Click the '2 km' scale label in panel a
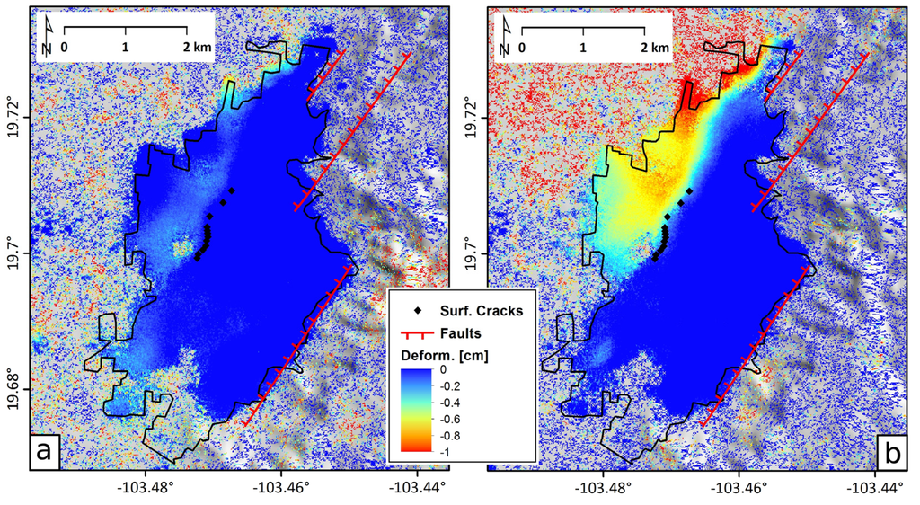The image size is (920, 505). (x=197, y=46)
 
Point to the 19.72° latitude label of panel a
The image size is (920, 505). (x=15, y=118)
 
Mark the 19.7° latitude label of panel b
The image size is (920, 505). (x=473, y=254)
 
